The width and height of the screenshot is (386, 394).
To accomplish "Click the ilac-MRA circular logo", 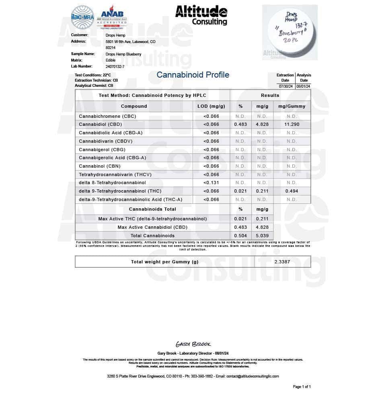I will [82, 18].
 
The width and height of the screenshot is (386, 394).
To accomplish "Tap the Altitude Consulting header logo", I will [201, 16].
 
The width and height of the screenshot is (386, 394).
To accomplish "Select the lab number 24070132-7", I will [115, 66].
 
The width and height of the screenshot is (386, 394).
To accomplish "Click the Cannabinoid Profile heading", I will [193, 75].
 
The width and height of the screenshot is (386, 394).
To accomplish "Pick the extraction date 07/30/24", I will [285, 86].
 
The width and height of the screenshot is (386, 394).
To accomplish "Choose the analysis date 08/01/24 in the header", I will [304, 86].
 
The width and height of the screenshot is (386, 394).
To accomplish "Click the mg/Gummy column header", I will [292, 107].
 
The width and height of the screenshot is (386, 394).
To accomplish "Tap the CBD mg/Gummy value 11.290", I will [292, 125].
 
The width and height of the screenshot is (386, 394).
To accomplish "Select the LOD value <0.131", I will [211, 183].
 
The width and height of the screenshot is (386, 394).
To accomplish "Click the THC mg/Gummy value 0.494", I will [292, 191].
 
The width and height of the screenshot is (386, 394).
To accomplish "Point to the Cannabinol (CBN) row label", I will [100, 166].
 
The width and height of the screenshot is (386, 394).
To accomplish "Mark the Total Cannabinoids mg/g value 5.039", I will [262, 236].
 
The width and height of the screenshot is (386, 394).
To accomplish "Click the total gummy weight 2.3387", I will [282, 262].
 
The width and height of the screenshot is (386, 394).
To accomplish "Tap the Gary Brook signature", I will [193, 344].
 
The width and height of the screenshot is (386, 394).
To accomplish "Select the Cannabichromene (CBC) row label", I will [107, 116].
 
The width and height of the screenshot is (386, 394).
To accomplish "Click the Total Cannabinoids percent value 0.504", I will [240, 236].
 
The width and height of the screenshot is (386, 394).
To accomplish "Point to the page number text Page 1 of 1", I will [302, 387].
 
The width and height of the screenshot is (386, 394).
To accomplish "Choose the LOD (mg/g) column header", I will [211, 107].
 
